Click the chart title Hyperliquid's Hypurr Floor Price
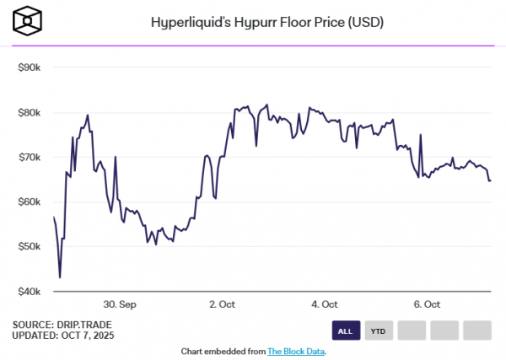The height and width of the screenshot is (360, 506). pos(267,22)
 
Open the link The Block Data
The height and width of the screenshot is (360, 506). pos(296,351)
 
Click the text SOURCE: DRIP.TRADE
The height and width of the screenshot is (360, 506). pos(62,325)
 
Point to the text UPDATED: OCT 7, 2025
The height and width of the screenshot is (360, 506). pos(64,336)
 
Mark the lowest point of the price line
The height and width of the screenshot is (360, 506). pos(60,277)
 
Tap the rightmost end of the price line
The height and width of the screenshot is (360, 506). pos(491,180)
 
